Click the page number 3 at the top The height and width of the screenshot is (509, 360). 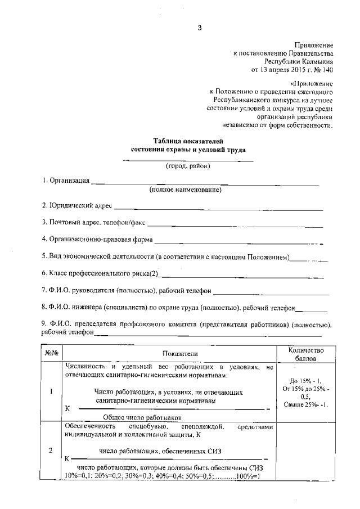pyautogui.click(x=199, y=28)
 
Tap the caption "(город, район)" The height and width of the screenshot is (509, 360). pyautogui.click(x=188, y=166)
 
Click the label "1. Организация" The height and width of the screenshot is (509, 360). pyautogui.click(x=66, y=181)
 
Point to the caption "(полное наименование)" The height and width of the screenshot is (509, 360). pyautogui.click(x=185, y=190)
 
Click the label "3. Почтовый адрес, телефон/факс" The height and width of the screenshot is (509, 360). pyautogui.click(x=94, y=222)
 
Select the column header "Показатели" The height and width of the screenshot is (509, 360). pyautogui.click(x=181, y=353)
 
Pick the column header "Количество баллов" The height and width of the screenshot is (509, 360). pyautogui.click(x=306, y=353)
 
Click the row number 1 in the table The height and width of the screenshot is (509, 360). pyautogui.click(x=51, y=392)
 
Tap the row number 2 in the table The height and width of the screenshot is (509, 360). pyautogui.click(x=51, y=451)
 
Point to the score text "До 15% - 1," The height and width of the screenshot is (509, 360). pyautogui.click(x=306, y=380)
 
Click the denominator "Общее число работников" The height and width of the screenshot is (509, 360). pyautogui.click(x=142, y=417)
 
